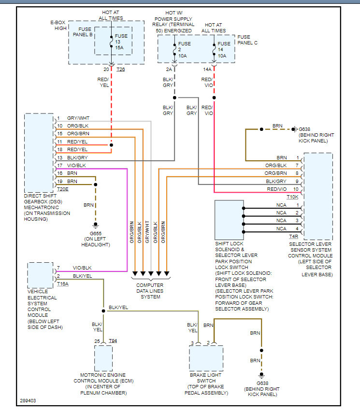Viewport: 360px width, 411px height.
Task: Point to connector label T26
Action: [120, 69]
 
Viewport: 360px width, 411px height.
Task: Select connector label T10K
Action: [292, 197]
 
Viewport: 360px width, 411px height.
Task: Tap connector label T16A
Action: [63, 283]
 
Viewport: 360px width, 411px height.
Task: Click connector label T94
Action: [113, 341]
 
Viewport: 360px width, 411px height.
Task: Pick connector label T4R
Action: [293, 236]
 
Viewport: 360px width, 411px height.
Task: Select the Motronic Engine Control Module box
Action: [103, 358]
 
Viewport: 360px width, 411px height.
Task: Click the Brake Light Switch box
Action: [206, 358]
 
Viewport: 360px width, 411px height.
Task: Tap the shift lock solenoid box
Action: [229, 219]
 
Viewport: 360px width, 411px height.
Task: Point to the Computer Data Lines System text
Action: [150, 291]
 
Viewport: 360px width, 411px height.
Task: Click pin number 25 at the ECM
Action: [97, 341]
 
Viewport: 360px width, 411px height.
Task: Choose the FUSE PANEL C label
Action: [247, 40]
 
